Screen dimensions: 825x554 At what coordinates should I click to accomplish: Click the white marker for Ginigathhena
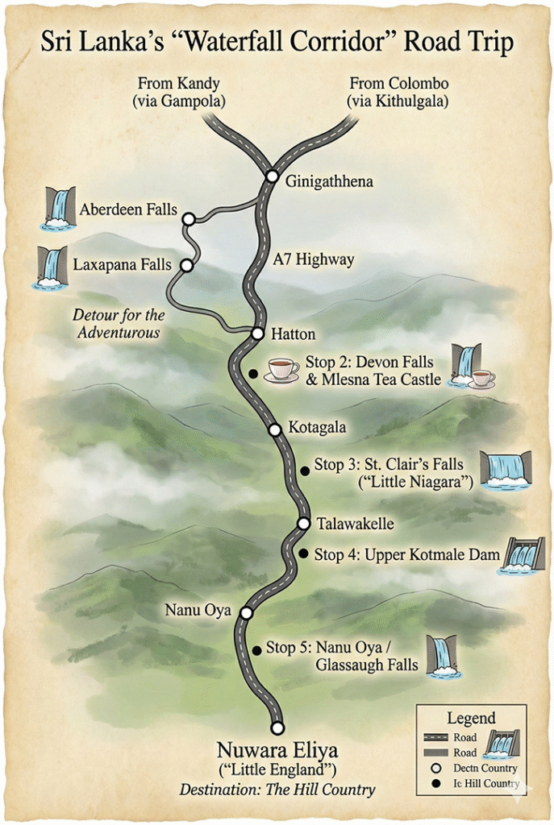click(273, 176)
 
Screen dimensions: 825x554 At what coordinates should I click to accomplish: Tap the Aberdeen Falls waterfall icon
click(58, 209)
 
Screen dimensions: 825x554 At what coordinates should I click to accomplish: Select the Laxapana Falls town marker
click(186, 265)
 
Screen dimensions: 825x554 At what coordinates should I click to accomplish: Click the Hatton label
click(294, 334)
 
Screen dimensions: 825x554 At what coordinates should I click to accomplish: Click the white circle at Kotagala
click(275, 429)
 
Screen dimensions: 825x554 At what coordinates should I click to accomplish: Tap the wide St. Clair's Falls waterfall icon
click(506, 469)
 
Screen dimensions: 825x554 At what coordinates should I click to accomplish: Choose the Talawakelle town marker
click(303, 524)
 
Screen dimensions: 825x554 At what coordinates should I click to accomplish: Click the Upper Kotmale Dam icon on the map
click(523, 555)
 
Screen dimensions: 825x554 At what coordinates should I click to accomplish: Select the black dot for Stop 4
click(303, 553)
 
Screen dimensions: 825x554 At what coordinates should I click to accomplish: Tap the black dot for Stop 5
click(256, 649)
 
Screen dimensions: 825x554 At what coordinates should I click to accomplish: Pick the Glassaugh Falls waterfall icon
click(442, 656)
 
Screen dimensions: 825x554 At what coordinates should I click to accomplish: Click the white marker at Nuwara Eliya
click(277, 728)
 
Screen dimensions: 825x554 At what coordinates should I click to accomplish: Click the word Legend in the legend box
click(471, 718)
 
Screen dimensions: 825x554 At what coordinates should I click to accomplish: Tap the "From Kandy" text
click(179, 83)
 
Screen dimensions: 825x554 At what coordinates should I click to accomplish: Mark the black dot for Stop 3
click(304, 470)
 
